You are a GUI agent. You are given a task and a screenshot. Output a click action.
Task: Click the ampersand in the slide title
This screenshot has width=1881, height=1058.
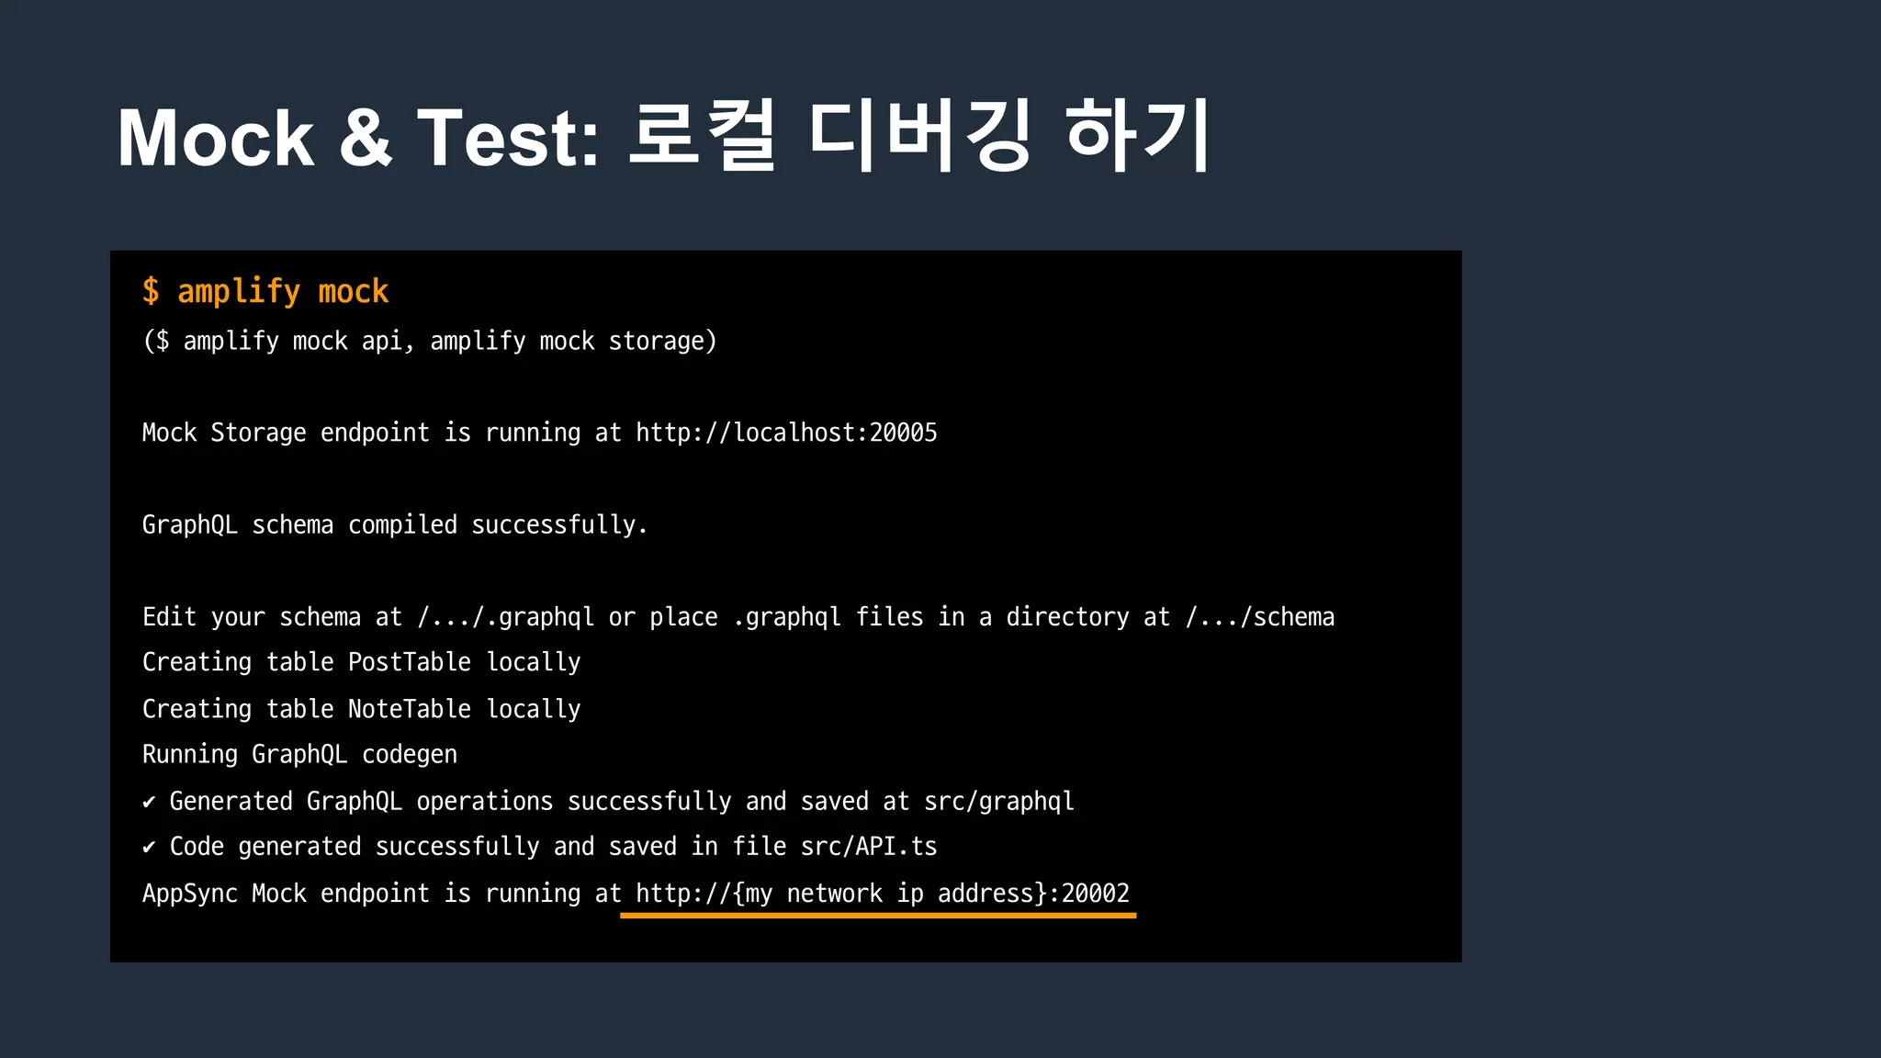point(366,138)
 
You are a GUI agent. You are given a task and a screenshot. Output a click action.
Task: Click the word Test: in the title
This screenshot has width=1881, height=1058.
point(509,138)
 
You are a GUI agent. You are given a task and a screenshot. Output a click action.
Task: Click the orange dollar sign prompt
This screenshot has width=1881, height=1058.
point(151,291)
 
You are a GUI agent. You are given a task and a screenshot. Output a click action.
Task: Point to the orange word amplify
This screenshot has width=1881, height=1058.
point(239,291)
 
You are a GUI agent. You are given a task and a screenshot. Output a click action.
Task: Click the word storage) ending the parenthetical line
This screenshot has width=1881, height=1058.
point(662,341)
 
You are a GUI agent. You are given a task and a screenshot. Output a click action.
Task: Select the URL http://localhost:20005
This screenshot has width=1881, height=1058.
point(786,433)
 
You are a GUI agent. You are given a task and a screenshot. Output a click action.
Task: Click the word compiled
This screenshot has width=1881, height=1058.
point(402,524)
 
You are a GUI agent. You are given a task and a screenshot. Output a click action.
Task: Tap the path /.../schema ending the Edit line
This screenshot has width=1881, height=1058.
point(1259,616)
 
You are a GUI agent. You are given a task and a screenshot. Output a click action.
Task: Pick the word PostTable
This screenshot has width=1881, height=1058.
point(410,662)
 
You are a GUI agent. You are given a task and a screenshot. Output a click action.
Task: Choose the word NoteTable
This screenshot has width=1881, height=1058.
point(410,709)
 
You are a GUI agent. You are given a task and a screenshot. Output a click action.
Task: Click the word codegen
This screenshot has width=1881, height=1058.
point(410,755)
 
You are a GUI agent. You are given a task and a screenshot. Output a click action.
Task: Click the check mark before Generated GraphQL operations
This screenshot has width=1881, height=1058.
point(149,802)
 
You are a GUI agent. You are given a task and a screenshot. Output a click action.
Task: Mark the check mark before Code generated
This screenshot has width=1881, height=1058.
point(149,848)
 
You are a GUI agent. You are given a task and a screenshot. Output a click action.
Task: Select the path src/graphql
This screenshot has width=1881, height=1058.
point(998,802)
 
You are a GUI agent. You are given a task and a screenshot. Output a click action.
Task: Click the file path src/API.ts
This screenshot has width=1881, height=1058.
point(869,847)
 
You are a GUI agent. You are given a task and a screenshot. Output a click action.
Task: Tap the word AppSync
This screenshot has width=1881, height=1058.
point(190,894)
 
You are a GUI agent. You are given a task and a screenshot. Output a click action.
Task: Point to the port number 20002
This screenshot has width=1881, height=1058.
point(1096,894)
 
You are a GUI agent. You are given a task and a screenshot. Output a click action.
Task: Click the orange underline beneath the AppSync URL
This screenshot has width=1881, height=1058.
point(878,916)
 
